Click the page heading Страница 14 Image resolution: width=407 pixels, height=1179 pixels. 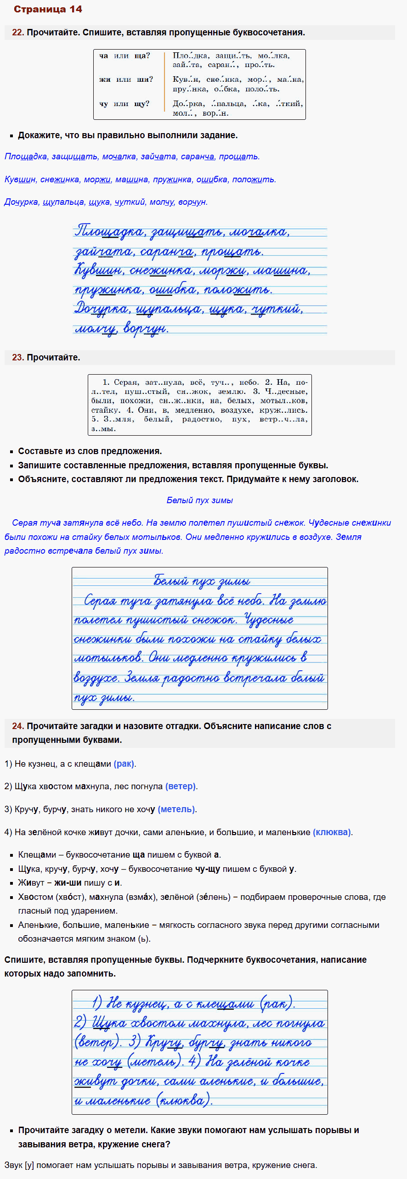point(48,9)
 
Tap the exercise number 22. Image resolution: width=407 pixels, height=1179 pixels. point(17,33)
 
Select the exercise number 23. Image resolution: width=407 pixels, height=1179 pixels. point(17,358)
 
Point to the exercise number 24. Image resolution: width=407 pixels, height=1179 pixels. point(17,726)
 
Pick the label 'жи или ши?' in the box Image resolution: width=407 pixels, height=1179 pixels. point(126,79)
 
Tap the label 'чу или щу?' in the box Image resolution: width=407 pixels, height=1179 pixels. point(124,104)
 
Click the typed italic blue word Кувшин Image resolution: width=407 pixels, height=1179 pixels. point(20,180)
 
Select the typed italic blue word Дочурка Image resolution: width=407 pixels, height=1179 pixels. point(21,202)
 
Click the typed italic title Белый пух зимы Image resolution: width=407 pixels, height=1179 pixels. point(199,500)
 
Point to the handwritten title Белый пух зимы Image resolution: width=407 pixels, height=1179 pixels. point(202,581)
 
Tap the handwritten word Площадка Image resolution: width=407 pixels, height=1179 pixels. point(109,231)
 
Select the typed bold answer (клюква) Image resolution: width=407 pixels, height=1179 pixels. point(332,832)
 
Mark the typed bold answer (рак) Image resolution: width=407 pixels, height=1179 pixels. point(124,764)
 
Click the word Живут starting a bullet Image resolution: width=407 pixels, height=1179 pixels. point(31,883)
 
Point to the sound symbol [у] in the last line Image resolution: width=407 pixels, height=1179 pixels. point(29,1165)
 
